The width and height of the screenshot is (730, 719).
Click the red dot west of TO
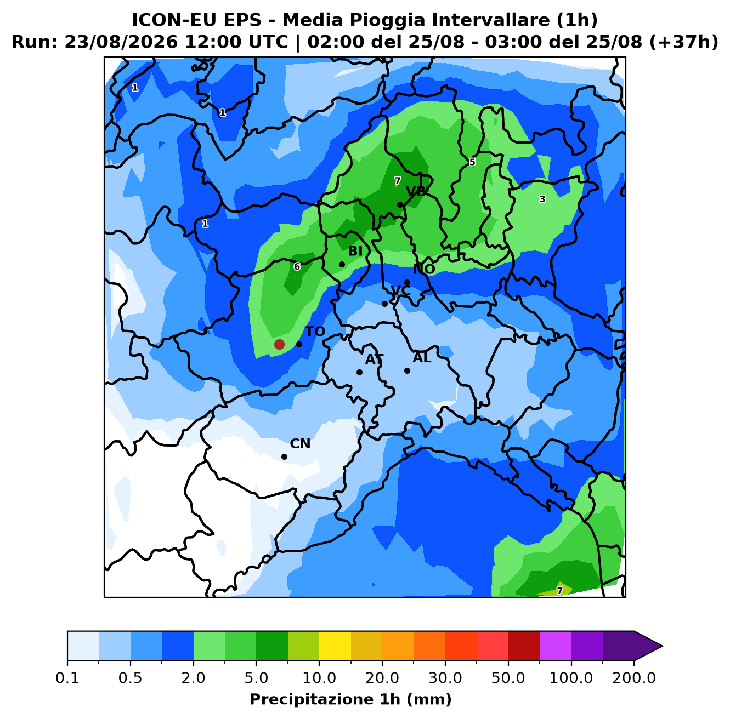click(x=279, y=344)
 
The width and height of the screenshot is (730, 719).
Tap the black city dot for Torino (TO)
click(x=299, y=344)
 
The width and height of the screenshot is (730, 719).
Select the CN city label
click(x=300, y=444)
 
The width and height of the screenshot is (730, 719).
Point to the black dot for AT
click(x=359, y=372)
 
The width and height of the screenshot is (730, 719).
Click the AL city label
click(x=422, y=357)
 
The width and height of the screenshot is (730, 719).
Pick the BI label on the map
click(x=355, y=250)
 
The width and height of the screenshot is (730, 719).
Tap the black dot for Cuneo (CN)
click(x=284, y=456)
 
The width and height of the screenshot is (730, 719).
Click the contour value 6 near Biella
click(x=297, y=266)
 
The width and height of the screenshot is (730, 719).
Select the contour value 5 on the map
click(x=472, y=162)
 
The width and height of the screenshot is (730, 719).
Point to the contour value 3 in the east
click(x=542, y=199)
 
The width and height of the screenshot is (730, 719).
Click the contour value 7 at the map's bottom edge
click(x=559, y=590)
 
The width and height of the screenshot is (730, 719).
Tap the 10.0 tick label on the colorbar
click(x=319, y=678)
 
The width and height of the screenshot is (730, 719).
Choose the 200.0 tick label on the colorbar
click(x=634, y=678)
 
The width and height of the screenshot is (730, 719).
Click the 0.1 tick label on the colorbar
click(x=67, y=678)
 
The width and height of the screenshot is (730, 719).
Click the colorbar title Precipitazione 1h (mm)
click(x=351, y=699)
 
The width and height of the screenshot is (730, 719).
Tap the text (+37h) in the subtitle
click(x=684, y=42)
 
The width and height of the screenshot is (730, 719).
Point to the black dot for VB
click(x=400, y=204)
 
